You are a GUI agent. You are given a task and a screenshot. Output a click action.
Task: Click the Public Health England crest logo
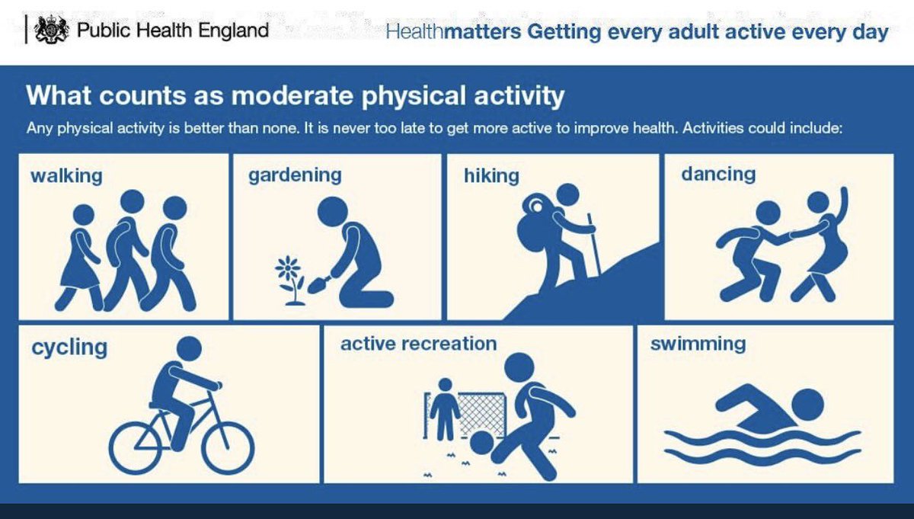pos(50,30)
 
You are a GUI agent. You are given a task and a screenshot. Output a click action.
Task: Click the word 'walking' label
pos(66,176)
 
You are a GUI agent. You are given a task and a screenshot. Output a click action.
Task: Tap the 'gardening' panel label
pos(295,175)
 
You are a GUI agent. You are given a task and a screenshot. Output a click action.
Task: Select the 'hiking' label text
pos(491,176)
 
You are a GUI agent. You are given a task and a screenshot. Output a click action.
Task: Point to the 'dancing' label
pos(718,175)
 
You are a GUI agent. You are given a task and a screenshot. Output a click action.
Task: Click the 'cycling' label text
pos(69,348)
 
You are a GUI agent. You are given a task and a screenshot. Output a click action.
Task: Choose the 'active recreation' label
pos(418,344)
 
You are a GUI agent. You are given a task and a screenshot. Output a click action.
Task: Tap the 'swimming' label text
pos(698,344)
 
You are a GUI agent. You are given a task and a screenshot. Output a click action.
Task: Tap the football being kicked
pos(481,443)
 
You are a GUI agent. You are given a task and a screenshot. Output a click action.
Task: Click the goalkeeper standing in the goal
pos(444,408)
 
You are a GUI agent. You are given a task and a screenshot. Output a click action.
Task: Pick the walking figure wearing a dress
pos(81,255)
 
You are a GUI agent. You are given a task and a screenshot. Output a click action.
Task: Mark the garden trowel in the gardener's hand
pos(318,284)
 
